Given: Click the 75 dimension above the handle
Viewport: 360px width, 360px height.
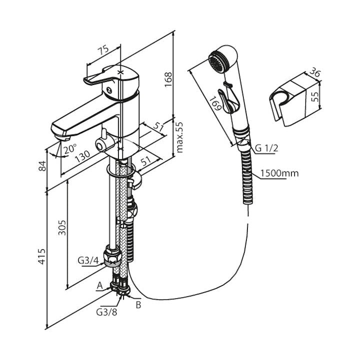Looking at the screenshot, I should coord(103,50).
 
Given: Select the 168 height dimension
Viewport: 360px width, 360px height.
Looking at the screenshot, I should coord(169,77).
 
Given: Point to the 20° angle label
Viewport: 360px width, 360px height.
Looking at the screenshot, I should coord(70,149).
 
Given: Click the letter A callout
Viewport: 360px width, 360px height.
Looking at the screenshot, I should coord(99,285).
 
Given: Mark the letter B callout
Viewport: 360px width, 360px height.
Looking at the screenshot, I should coord(138,303).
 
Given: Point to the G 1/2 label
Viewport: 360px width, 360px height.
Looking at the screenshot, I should coord(266,147).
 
